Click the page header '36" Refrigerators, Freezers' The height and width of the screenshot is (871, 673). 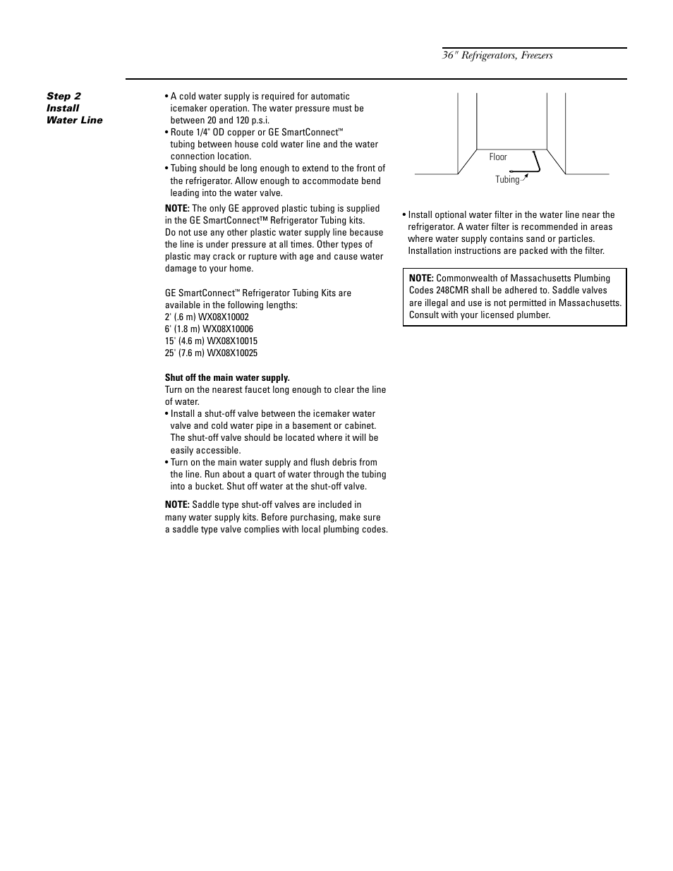point(497,56)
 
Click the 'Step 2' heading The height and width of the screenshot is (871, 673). point(63,96)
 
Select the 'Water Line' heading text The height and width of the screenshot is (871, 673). point(74,120)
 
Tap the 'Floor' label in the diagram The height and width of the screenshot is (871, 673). point(498,157)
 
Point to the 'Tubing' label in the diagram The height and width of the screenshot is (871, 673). point(507,180)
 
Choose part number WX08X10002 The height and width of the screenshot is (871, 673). point(227,317)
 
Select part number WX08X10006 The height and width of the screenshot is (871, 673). point(227,329)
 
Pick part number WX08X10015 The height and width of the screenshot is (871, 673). point(232,341)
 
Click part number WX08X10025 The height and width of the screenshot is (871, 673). point(232,353)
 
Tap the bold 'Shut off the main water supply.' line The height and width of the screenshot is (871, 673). point(227,378)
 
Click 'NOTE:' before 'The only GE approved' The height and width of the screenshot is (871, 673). point(177,209)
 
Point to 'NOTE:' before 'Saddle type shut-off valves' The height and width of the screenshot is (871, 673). point(177,505)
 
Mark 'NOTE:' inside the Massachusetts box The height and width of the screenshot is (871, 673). point(421,279)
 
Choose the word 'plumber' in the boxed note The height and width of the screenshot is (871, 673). point(534,315)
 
